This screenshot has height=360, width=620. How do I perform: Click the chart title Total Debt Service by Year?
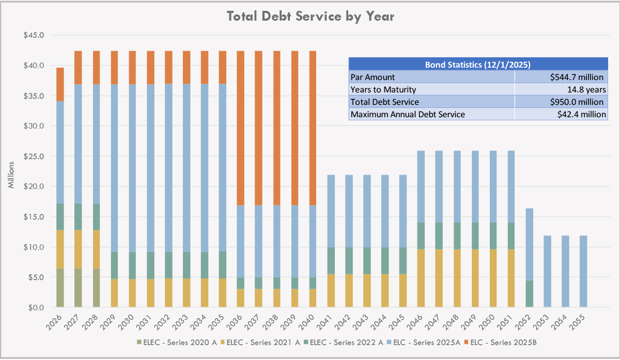coord(311,17)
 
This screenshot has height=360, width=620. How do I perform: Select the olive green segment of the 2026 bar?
coord(60,288)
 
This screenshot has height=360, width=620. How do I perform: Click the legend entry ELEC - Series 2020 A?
coord(170,342)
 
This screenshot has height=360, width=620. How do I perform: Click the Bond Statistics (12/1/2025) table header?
coord(478,65)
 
